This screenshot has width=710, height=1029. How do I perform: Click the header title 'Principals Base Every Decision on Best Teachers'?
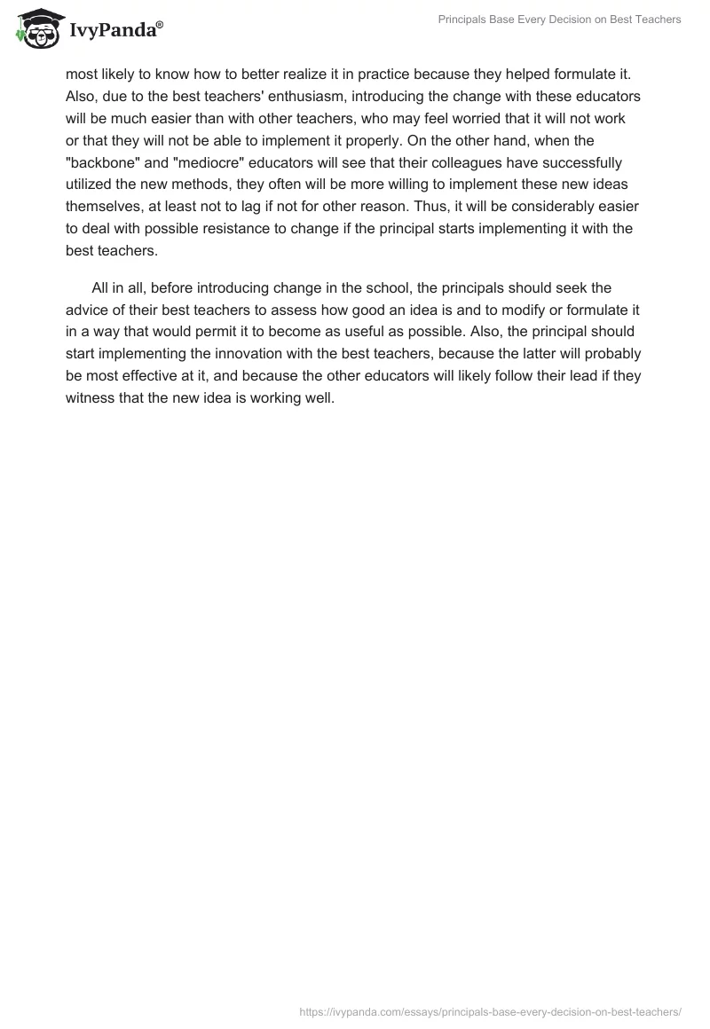[x=560, y=20]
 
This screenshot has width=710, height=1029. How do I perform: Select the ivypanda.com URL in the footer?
[x=491, y=1010]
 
